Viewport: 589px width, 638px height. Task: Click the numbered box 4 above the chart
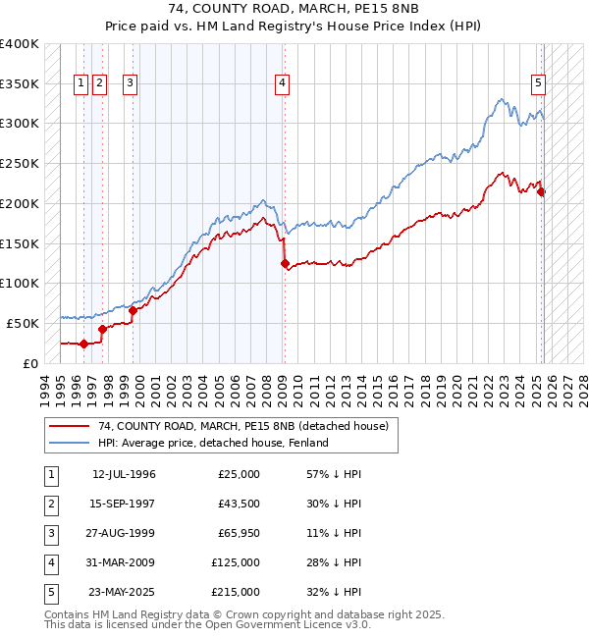pyautogui.click(x=282, y=83)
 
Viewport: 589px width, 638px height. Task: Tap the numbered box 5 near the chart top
pyautogui.click(x=539, y=83)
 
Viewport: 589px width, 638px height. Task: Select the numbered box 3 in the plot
pyautogui.click(x=130, y=83)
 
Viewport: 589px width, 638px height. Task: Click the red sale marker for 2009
pyautogui.click(x=285, y=263)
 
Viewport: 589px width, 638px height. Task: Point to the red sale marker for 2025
pyautogui.click(x=542, y=191)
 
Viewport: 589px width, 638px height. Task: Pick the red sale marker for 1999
pyautogui.click(x=133, y=310)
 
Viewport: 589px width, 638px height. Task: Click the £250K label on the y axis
pyautogui.click(x=21, y=164)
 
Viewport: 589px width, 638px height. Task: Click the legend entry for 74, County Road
pyautogui.click(x=243, y=426)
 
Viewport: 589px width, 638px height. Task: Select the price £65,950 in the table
pyautogui.click(x=236, y=533)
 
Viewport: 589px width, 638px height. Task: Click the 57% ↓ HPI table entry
pyautogui.click(x=334, y=474)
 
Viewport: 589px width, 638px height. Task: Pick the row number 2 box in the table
pyautogui.click(x=49, y=504)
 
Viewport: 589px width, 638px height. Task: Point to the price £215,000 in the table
pyautogui.click(x=236, y=592)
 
